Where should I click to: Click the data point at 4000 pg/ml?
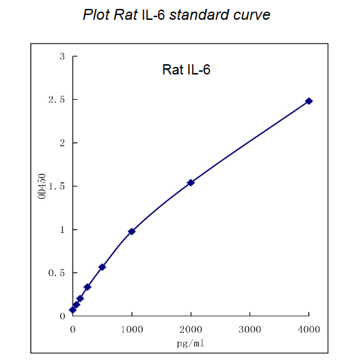point(309,101)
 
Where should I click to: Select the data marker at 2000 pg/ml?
point(191,182)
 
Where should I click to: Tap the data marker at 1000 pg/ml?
point(132,232)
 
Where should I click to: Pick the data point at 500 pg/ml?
point(102,267)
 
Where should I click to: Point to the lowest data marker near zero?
point(72,310)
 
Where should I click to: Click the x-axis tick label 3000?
point(250,329)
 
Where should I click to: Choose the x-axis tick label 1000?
point(132,329)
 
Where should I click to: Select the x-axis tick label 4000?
point(309,329)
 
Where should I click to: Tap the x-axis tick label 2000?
point(191,329)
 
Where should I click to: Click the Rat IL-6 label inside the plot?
point(185,70)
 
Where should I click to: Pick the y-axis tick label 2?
point(62,143)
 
